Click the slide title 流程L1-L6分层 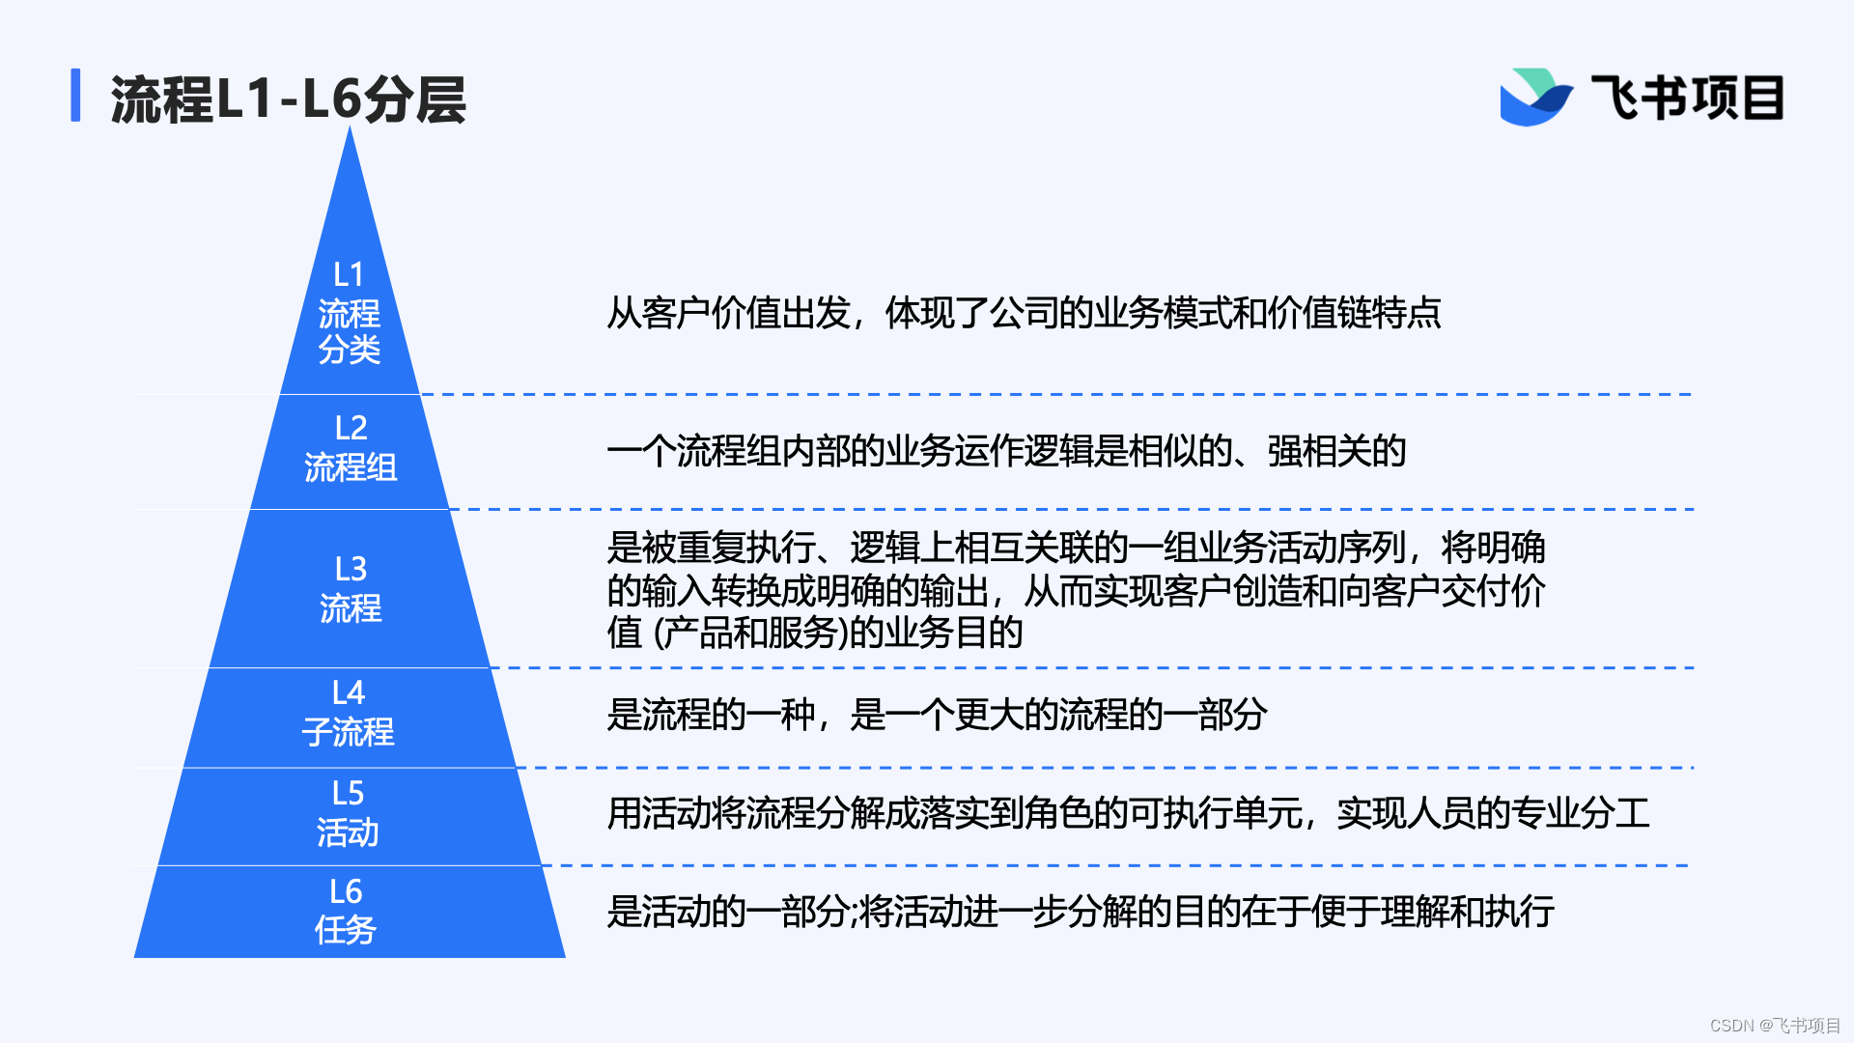288,99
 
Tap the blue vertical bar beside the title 75,96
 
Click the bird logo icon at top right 1534,97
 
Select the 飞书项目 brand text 1686,99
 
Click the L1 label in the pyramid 349,275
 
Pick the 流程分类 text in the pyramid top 350,332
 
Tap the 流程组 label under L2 351,468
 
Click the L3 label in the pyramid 351,569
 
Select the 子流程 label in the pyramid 349,733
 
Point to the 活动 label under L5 348,832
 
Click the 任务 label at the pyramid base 346,930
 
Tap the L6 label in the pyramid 346,891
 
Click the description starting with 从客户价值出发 1024,313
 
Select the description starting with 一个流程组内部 1006,451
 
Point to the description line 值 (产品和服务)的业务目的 815,634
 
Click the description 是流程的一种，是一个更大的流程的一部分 937,715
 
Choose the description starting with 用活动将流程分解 1128,813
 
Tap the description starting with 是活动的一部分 1080,912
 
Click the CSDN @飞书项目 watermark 1774,1026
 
